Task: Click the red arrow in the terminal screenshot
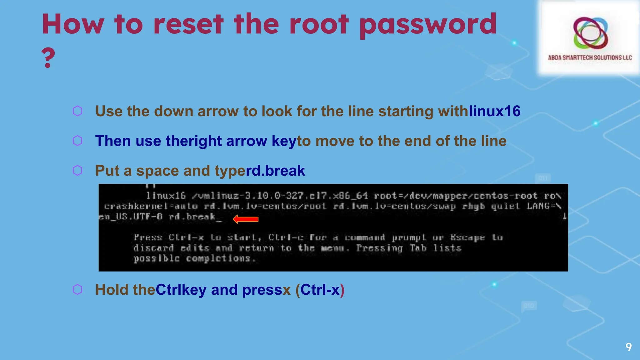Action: (246, 219)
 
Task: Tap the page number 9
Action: (628, 347)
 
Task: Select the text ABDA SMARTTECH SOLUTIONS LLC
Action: (590, 58)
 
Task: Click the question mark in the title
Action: (48, 57)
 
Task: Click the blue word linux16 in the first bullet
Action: (494, 111)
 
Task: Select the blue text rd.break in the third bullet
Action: (275, 171)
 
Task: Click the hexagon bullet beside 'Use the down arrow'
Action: (77, 111)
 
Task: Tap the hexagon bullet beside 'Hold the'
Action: (77, 289)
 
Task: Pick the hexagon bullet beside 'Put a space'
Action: (77, 170)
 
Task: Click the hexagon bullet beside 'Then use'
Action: (77, 141)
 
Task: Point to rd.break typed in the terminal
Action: (192, 217)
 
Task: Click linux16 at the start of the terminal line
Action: (166, 196)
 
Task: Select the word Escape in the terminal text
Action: (467, 238)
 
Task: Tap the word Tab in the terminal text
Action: (418, 248)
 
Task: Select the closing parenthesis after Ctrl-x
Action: (342, 290)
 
